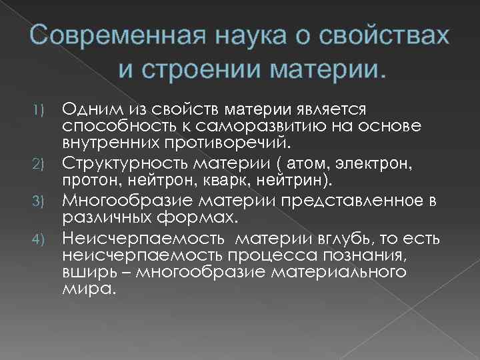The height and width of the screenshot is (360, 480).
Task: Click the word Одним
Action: click(x=91, y=109)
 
